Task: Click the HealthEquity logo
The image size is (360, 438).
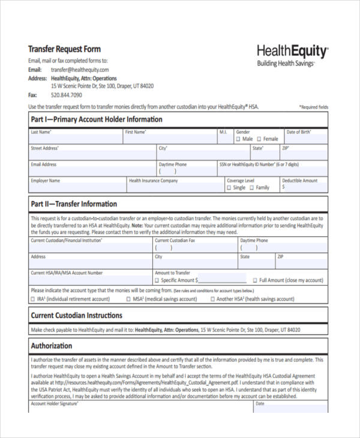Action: (292, 51)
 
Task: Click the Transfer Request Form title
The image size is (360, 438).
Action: (65, 49)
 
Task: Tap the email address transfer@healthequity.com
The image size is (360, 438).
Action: (80, 70)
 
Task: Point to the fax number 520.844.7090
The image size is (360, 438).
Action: (67, 95)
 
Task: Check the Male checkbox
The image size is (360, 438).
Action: (238, 139)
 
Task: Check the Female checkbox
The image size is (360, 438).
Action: (259, 139)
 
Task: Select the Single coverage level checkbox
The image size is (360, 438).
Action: (229, 187)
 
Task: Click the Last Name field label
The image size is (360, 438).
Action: (41, 132)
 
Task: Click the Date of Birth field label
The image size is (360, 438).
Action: (299, 132)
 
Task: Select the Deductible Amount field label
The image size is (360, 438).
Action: (300, 181)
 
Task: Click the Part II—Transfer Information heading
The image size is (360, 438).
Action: (74, 204)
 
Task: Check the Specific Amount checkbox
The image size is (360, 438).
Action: (157, 280)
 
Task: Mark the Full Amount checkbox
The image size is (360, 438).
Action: (254, 280)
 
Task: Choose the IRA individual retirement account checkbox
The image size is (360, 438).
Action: (33, 298)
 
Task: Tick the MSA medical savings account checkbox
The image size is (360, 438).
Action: (128, 298)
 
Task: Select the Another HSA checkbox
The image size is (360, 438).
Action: (212, 298)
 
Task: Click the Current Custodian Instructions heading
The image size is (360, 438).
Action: (76, 315)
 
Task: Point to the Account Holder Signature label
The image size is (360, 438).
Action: (55, 404)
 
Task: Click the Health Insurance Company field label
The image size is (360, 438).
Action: (154, 181)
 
